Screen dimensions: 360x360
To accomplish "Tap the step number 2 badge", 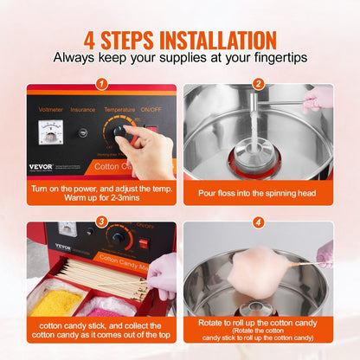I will coord(258,84).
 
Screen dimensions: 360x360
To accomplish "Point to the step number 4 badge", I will coord(258,222).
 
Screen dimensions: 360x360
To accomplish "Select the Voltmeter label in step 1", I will coord(48,110).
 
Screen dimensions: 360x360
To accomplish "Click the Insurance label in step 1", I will coord(84,110).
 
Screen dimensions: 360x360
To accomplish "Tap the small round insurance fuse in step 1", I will coord(84,132).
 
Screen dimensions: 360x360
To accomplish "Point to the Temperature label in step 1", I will coord(120,110).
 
